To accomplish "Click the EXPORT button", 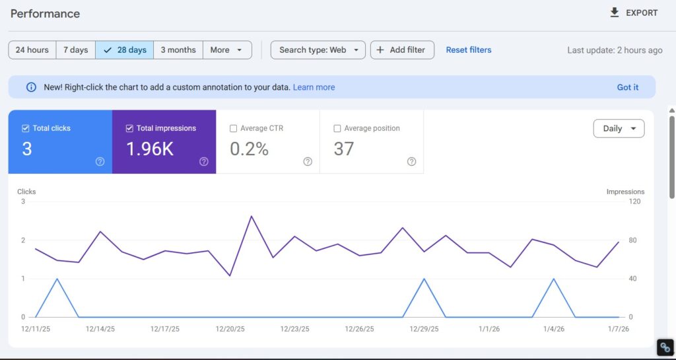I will (x=633, y=13).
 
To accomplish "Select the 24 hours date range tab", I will (x=32, y=50).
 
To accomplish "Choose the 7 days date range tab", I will (x=75, y=50).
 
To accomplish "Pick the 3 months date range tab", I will (x=178, y=50).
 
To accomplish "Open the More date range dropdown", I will (x=226, y=50).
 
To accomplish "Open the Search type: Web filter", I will (x=318, y=50).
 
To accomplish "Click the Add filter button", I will (x=402, y=50).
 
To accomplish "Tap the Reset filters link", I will (x=468, y=50).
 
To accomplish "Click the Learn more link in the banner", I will (x=314, y=87).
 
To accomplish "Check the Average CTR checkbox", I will (x=234, y=129).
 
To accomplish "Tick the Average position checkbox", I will (x=337, y=129).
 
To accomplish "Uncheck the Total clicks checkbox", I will (x=26, y=129).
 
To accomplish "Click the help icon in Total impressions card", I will (x=204, y=162).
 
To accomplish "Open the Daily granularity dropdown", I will (x=619, y=129).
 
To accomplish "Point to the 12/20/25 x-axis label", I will (x=230, y=328).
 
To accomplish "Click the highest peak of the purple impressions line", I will (x=251, y=216).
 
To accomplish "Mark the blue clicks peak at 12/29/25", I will (x=424, y=279).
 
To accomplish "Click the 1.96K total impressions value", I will (x=150, y=149).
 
